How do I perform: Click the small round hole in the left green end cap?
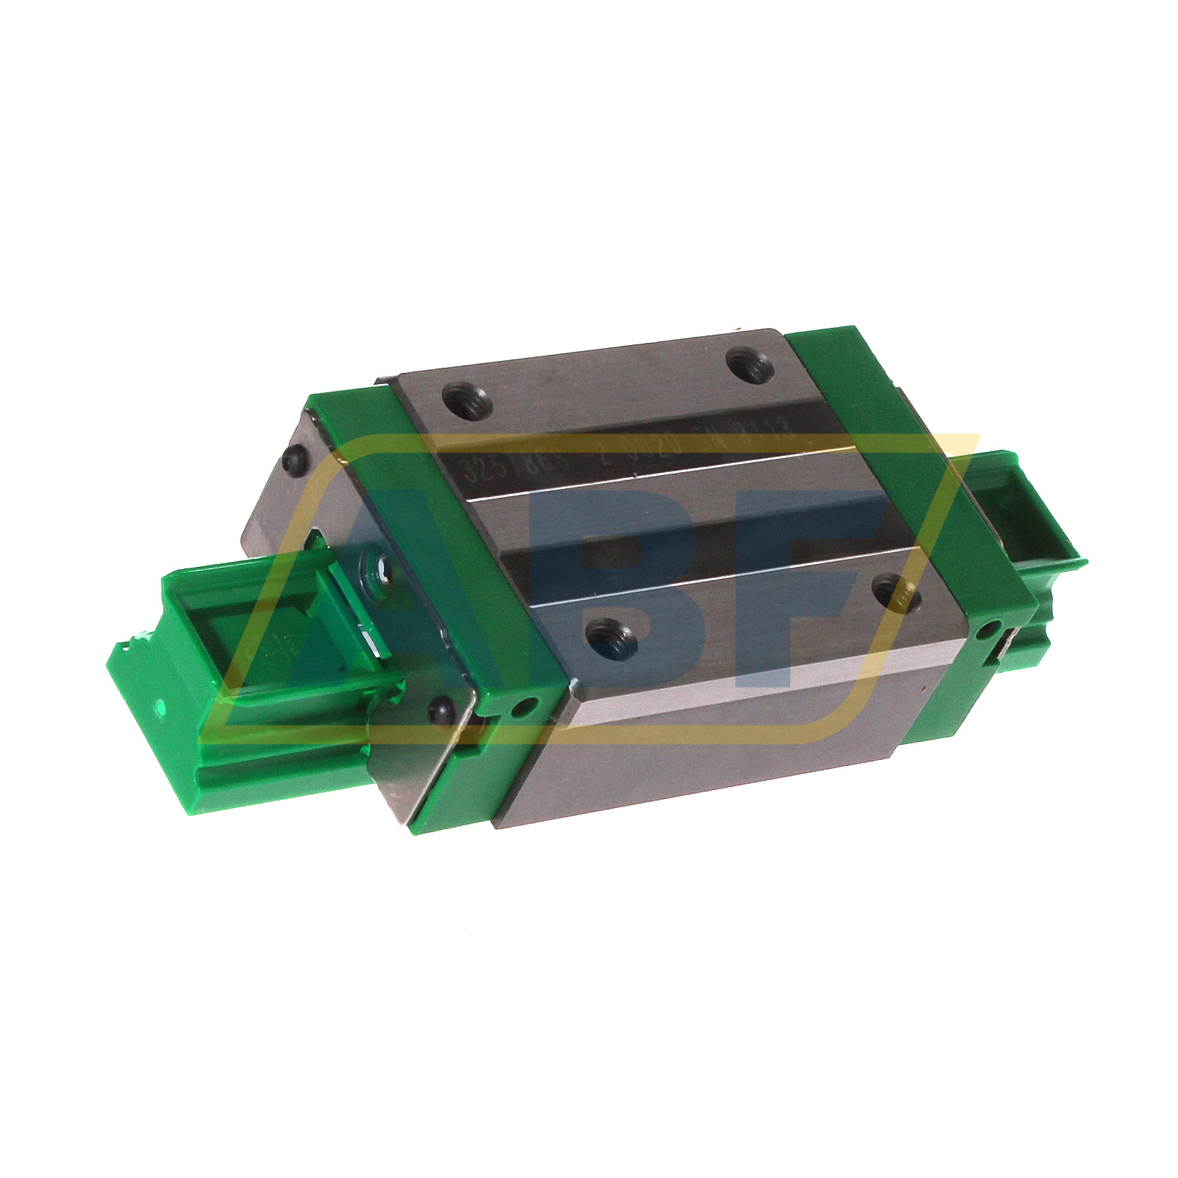[525, 707]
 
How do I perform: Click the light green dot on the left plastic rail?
[160, 707]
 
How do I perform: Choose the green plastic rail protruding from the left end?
[248, 677]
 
